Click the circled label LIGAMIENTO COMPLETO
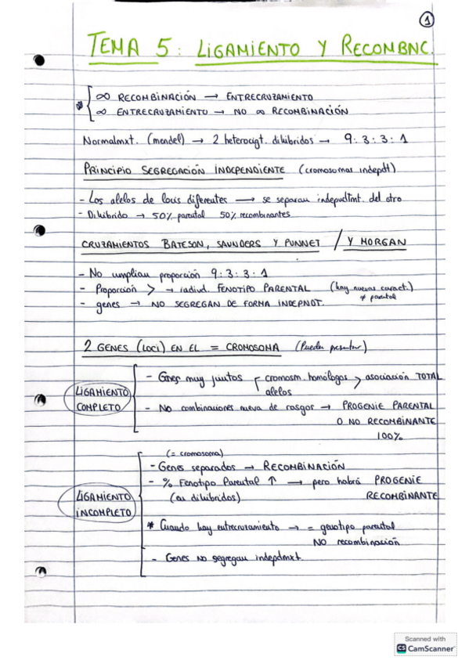point(100,399)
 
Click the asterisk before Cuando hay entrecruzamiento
point(150,527)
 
